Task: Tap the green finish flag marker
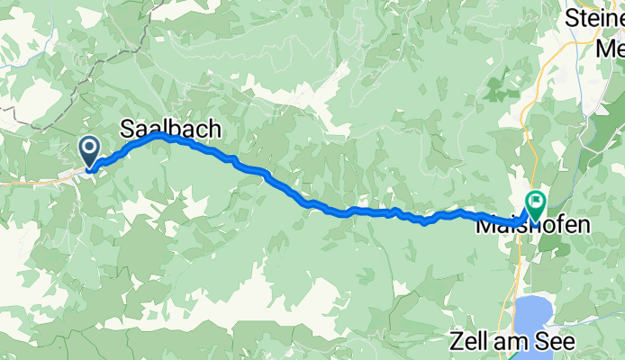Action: tap(537, 204)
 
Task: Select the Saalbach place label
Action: tap(169, 130)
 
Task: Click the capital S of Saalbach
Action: tap(128, 130)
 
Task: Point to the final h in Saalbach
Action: tap(212, 130)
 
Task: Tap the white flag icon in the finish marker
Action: tap(537, 201)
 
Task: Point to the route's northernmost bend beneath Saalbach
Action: tap(158, 134)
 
